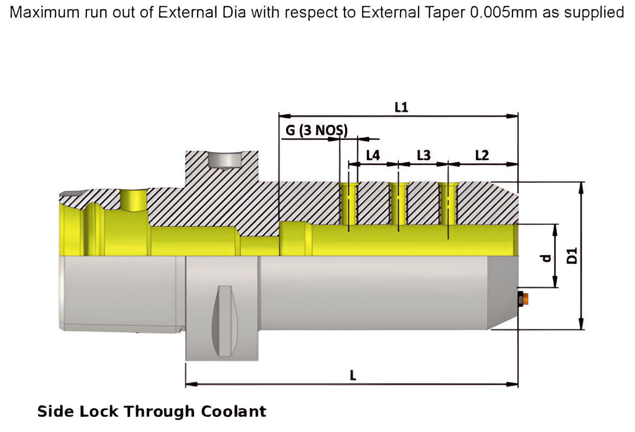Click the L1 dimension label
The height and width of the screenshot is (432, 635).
tap(401, 107)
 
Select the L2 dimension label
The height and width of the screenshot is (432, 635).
tap(481, 156)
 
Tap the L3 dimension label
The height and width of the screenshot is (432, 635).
tap(423, 156)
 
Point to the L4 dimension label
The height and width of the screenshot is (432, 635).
tap(373, 156)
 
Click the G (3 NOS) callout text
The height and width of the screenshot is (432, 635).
tap(316, 131)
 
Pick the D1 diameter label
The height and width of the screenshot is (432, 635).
tap(571, 256)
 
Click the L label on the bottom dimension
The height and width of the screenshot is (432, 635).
tap(352, 374)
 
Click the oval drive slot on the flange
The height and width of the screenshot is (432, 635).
tap(224, 320)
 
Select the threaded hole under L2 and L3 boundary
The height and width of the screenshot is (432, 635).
tap(448, 204)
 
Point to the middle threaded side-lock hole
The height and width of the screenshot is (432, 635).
tap(398, 204)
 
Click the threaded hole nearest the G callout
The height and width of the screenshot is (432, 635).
tap(348, 204)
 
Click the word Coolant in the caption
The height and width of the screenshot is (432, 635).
tap(234, 411)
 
